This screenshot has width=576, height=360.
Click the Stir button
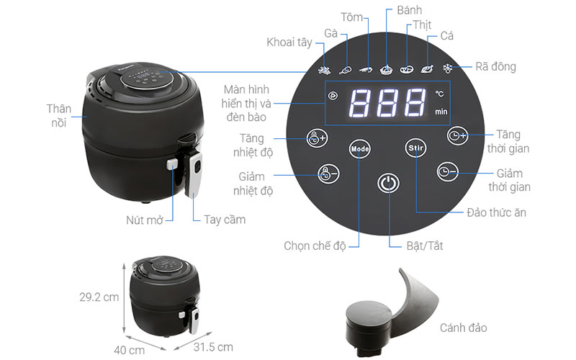[415, 148]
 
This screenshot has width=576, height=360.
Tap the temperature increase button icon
[315, 138]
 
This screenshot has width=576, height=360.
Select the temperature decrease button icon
[328, 173]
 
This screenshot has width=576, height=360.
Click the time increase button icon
[456, 135]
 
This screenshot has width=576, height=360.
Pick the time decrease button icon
[447, 171]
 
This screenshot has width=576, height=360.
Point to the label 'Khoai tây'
[289, 42]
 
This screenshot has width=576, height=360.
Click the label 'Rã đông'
[495, 67]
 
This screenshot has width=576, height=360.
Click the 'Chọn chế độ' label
[315, 246]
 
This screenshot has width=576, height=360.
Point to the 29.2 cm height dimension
[98, 296]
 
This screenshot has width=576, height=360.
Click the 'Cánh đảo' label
[464, 328]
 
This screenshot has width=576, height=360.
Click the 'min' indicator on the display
[441, 112]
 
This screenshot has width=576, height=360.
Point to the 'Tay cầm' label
[225, 219]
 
